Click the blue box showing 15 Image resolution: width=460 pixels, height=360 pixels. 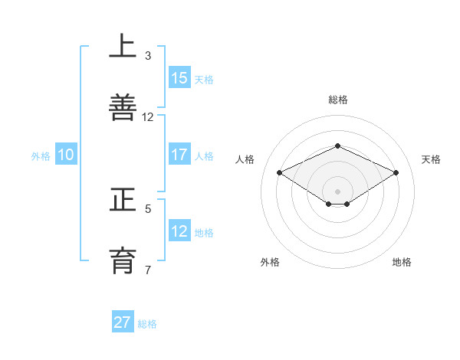click(x=179, y=78)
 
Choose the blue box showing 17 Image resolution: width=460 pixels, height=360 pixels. click(x=179, y=155)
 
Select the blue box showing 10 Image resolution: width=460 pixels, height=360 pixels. click(x=66, y=155)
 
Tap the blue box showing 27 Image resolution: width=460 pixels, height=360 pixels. click(x=123, y=322)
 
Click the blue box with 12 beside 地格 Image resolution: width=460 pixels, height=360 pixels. click(x=179, y=231)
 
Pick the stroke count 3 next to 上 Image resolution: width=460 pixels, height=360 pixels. click(x=148, y=55)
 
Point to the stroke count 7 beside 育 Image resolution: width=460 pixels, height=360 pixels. click(x=148, y=270)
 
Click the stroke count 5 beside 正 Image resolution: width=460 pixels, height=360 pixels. click(x=148, y=208)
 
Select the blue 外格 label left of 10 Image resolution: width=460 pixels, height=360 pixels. click(x=41, y=156)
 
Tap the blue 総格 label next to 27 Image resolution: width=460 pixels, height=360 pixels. click(x=147, y=324)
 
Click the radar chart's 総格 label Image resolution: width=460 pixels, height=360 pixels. click(x=338, y=100)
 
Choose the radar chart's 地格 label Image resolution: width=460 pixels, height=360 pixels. click(x=402, y=262)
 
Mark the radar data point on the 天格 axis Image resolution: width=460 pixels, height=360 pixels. click(x=396, y=172)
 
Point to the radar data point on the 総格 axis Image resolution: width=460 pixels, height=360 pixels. click(x=338, y=146)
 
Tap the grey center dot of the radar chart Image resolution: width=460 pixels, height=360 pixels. click(x=338, y=191)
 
